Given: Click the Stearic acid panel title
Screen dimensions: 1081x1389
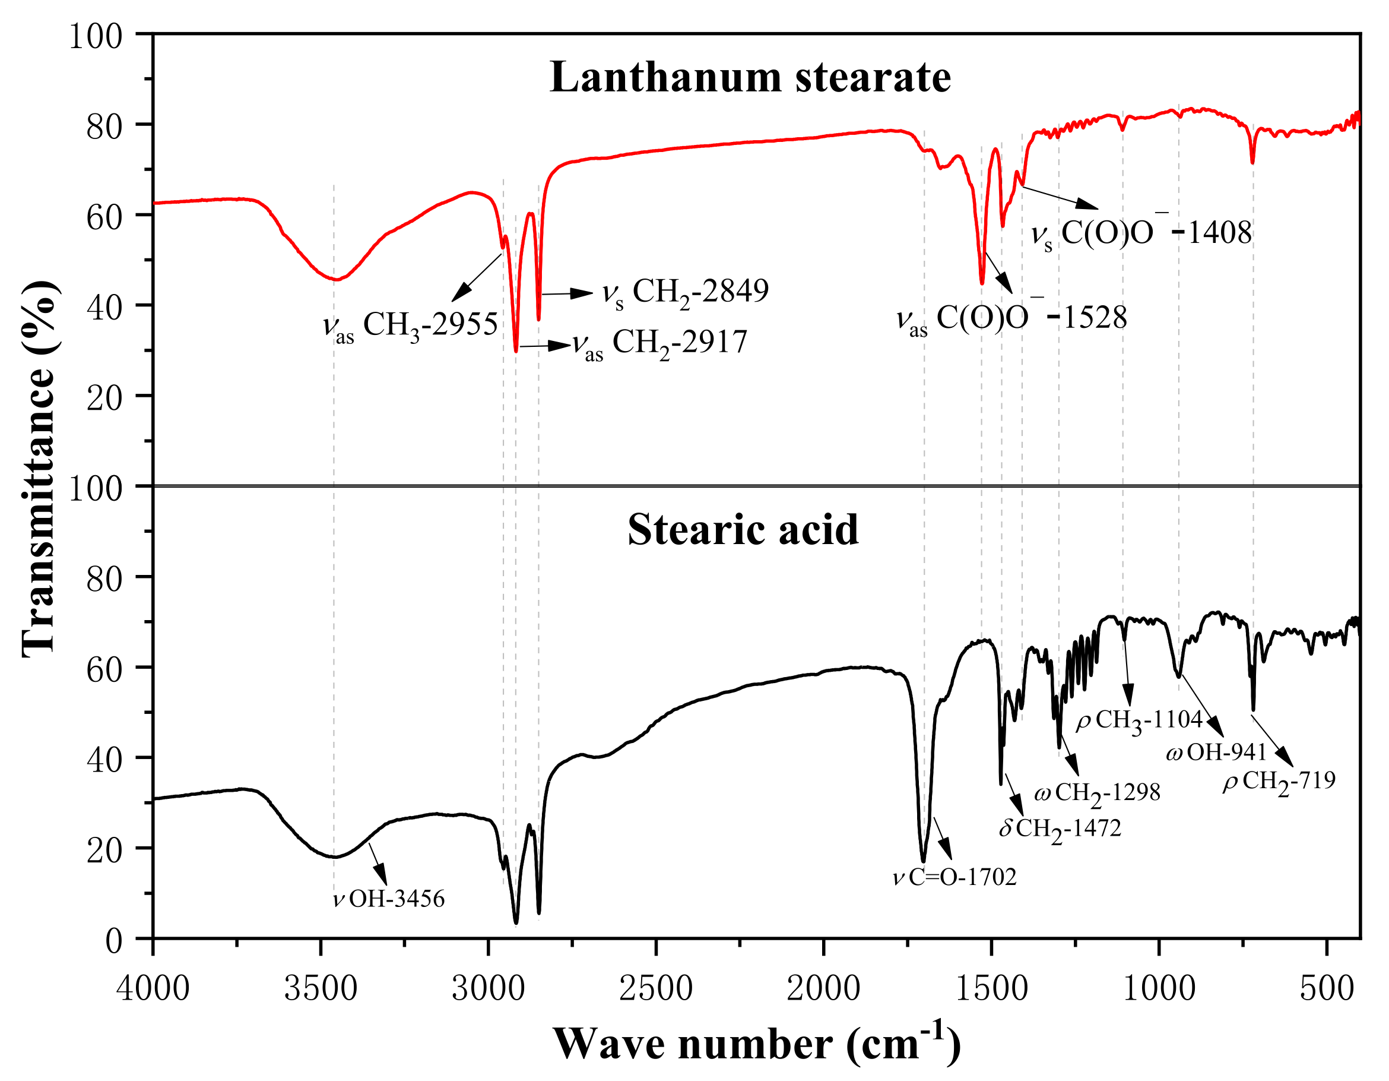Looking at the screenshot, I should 742,530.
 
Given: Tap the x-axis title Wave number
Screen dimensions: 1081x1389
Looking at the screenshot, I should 756,1044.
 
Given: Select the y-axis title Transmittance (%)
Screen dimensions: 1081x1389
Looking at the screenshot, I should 39,467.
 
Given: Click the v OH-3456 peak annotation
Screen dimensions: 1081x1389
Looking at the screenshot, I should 389,899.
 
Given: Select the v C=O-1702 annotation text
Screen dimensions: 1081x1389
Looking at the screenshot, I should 954,877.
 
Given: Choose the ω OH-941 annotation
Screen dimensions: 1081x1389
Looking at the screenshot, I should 1216,753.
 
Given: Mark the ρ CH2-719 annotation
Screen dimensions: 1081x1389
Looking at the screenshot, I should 1279,780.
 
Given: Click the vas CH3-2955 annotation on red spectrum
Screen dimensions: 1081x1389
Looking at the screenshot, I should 410,325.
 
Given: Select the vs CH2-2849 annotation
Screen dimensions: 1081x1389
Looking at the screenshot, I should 685,292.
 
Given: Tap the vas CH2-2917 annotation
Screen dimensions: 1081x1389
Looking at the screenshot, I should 659,343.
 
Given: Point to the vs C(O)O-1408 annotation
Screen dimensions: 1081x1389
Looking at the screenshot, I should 1141,233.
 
